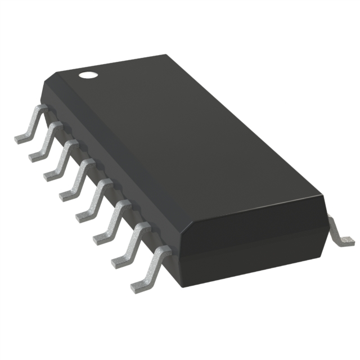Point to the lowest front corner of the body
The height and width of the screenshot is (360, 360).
pyautogui.click(x=179, y=286)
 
